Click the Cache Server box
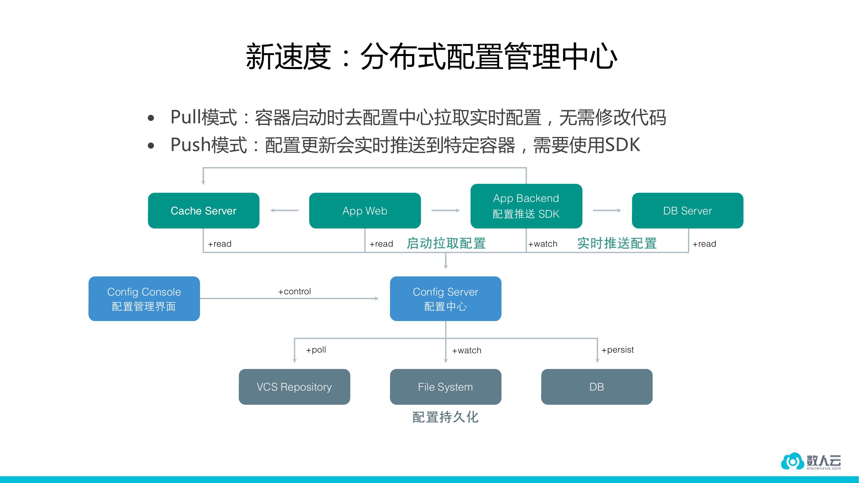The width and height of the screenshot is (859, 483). tap(204, 211)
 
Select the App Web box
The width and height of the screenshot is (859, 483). tap(365, 211)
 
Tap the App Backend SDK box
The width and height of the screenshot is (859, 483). tap(526, 206)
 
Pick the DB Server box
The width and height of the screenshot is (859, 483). tap(687, 211)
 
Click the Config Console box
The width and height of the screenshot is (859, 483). tap(144, 299)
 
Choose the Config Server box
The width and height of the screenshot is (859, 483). tap(445, 299)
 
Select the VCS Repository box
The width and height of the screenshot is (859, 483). tap(294, 387)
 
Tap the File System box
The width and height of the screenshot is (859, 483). tap(445, 387)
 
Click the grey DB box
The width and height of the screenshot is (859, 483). tap(597, 387)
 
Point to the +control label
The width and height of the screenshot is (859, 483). tap(294, 291)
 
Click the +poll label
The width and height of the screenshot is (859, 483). tap(316, 350)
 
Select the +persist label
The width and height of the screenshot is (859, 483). tap(617, 350)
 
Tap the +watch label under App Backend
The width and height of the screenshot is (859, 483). tap(542, 244)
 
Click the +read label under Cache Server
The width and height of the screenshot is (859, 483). tap(219, 244)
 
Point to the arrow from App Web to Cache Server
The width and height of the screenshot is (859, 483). tap(284, 210)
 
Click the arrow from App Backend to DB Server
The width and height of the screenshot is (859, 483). tap(607, 210)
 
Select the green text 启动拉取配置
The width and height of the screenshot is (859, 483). tap(446, 243)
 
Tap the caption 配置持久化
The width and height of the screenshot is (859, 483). tap(445, 417)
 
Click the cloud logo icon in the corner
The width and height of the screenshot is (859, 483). tap(792, 461)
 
